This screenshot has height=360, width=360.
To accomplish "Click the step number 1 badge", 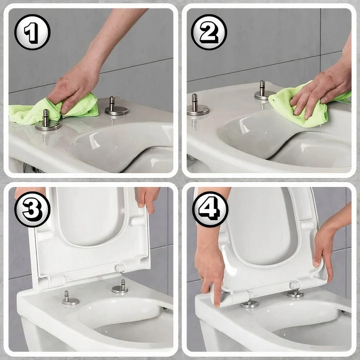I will click(x=32, y=32).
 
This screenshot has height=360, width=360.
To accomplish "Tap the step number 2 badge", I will click(x=208, y=32).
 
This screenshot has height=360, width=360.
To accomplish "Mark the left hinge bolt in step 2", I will click(x=197, y=106).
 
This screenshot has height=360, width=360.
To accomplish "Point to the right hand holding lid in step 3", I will click(x=148, y=196).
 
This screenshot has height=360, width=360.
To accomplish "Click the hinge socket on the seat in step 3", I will click(x=120, y=268).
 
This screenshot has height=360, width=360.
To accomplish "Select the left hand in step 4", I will click(x=210, y=270).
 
